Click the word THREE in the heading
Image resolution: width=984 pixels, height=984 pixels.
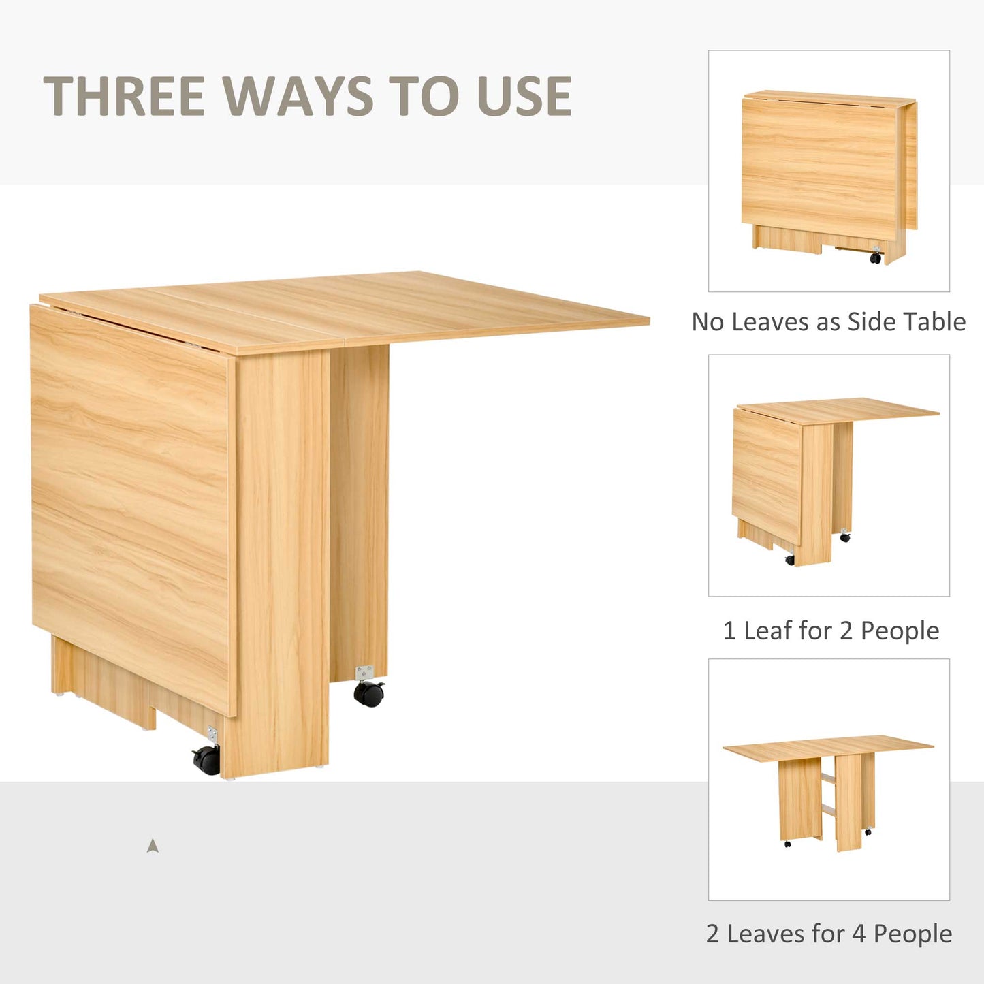[x=125, y=96]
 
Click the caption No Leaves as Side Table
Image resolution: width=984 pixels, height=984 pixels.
[x=828, y=321]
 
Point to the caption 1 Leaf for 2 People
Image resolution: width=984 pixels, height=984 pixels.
[x=831, y=631]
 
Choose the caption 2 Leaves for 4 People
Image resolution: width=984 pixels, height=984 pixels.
[x=829, y=934]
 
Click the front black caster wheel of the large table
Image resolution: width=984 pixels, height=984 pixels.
[x=207, y=759]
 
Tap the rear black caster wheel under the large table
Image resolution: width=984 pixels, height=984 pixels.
[x=368, y=693]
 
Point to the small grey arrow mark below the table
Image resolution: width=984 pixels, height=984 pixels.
[x=153, y=846]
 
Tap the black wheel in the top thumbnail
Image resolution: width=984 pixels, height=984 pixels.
[x=876, y=258]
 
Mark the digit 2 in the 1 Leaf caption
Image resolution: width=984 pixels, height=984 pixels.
[x=846, y=631]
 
